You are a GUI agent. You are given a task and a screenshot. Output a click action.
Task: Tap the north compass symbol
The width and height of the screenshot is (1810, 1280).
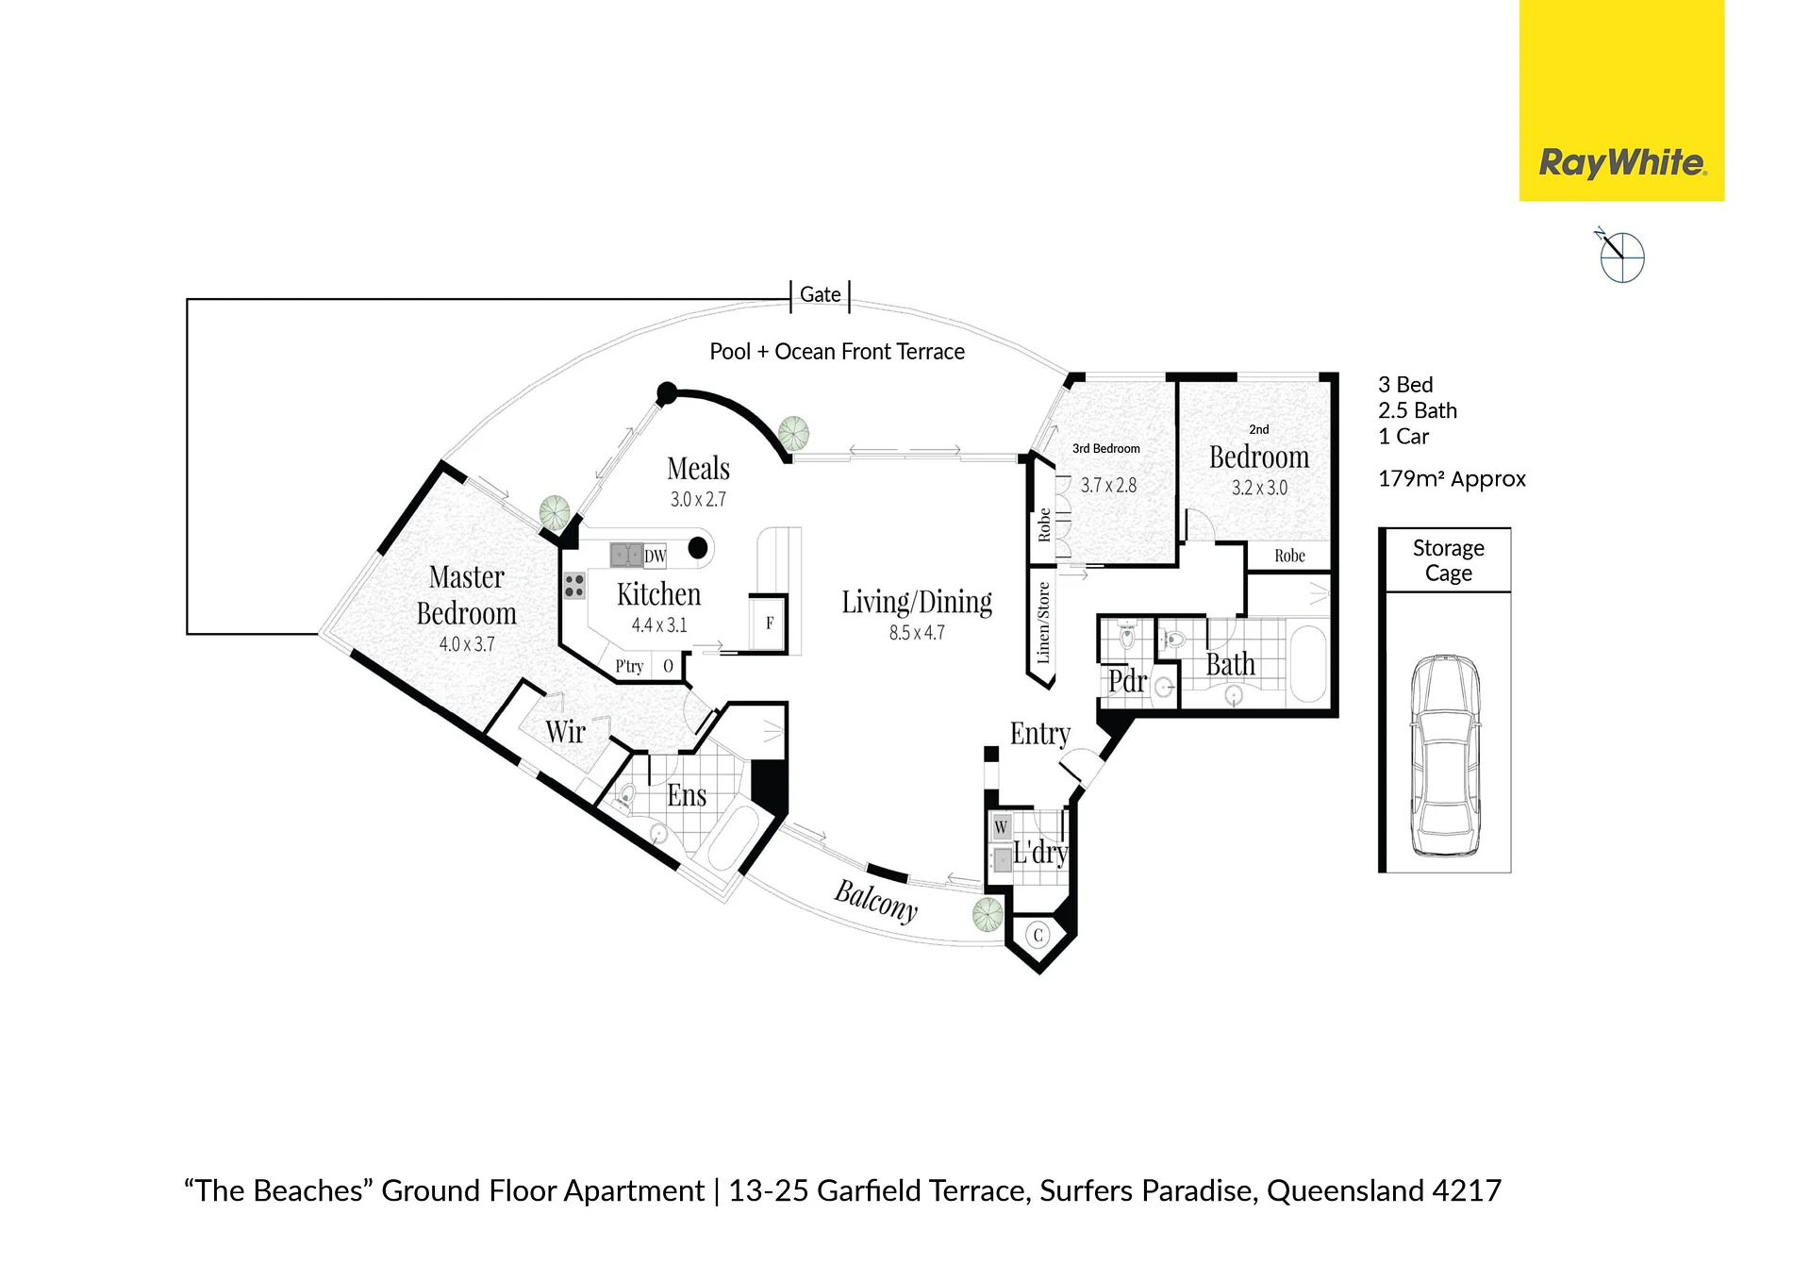(1620, 256)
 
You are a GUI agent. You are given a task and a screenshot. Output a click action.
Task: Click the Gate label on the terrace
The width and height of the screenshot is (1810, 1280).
(820, 294)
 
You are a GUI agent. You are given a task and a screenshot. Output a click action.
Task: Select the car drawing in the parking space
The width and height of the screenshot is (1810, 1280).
(1444, 756)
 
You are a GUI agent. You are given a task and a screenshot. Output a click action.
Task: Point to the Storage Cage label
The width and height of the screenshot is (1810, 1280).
(1448, 560)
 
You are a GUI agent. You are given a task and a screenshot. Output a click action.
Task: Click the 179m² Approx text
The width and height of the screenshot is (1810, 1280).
(1452, 479)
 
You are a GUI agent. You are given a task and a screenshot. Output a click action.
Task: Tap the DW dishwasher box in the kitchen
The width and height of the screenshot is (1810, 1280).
(655, 556)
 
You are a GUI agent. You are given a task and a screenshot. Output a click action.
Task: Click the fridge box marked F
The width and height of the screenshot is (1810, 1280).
(769, 623)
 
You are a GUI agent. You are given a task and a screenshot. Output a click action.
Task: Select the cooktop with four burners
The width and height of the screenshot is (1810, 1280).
(574, 586)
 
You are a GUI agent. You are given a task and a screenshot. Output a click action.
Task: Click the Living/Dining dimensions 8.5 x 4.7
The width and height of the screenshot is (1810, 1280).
(917, 633)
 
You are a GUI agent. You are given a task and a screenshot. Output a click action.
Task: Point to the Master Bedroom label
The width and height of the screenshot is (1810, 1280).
(467, 594)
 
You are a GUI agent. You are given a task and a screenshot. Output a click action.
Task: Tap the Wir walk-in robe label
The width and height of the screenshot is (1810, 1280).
(565, 731)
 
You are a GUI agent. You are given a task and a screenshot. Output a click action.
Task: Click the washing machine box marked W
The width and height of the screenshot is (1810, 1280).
(1001, 827)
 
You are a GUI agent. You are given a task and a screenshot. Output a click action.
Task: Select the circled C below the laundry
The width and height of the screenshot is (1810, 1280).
(1038, 935)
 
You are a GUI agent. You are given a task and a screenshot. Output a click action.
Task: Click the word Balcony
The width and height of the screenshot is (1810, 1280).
(875, 901)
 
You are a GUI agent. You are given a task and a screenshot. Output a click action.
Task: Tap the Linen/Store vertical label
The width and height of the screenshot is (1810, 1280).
(1043, 623)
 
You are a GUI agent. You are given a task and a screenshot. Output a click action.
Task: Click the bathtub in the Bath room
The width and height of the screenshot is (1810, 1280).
(1307, 663)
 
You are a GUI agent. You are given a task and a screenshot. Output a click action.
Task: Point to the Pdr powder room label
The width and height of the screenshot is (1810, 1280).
(1127, 681)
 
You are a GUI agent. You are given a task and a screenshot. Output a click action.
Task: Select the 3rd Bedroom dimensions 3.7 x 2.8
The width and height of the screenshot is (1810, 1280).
(1108, 486)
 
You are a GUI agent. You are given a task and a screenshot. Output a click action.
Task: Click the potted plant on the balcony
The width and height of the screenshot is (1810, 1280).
(988, 914)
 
